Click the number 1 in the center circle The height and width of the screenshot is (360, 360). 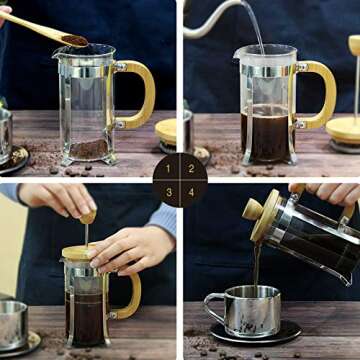point(168,168)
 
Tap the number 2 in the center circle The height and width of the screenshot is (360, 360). point(191,168)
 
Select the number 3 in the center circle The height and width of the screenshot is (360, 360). point(168,191)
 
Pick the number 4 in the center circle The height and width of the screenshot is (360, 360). point(191,191)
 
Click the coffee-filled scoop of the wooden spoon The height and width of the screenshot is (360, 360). point(73,39)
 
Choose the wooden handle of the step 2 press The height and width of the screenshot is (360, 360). point(317,95)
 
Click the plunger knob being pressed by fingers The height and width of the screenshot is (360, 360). point(88,215)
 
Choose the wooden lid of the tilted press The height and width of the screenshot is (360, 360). point(267,215)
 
